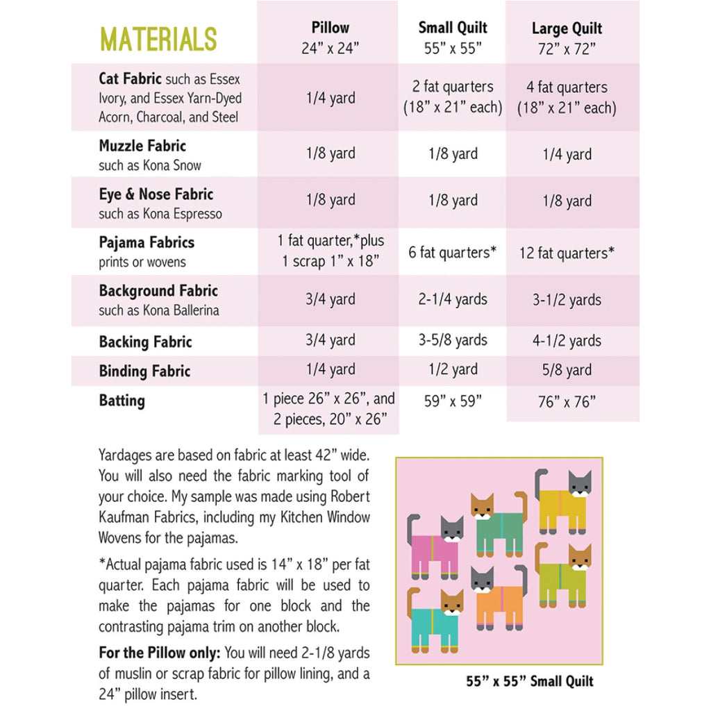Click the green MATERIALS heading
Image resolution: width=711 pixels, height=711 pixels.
click(x=158, y=40)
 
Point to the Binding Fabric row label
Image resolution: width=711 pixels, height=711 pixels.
click(x=144, y=371)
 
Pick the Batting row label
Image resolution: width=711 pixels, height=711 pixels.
click(x=122, y=401)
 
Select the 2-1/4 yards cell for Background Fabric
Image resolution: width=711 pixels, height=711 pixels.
click(x=453, y=300)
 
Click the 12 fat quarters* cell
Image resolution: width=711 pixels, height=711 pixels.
click(x=567, y=253)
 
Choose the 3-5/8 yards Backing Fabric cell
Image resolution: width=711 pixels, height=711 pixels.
click(x=453, y=340)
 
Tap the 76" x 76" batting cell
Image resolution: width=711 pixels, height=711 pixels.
click(x=567, y=402)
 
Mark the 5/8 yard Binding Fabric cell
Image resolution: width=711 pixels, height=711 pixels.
click(x=567, y=370)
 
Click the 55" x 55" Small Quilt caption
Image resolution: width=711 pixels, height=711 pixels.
click(x=529, y=681)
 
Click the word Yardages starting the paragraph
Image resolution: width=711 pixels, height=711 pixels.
click(x=127, y=456)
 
